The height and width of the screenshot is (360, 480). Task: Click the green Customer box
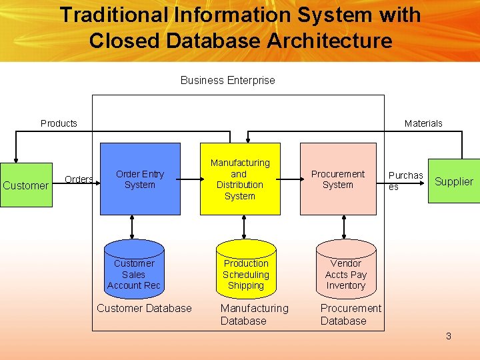coord(26,185)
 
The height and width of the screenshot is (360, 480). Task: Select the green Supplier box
coord(453,181)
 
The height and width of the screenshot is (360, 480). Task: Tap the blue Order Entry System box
coord(140,179)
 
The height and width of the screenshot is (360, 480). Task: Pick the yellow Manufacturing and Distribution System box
coord(240,179)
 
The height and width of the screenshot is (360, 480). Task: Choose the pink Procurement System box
coord(338,179)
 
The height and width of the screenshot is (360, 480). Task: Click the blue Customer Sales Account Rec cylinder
coord(134,269)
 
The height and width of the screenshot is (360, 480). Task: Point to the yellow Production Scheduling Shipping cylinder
coord(246,269)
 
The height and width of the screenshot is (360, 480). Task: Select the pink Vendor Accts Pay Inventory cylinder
coord(345,269)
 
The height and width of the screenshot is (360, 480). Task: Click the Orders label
coord(79,179)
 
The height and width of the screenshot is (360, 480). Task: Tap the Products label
coord(59,123)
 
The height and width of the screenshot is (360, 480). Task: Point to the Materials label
coord(423,123)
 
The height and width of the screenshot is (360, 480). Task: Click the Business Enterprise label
coord(227,80)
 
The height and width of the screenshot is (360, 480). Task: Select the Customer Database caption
coord(144,308)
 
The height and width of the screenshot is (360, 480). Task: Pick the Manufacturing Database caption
coord(254,314)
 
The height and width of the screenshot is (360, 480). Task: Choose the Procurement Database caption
coord(351,314)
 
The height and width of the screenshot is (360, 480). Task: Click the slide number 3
coord(449,336)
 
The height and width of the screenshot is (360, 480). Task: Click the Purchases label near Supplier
coord(405,181)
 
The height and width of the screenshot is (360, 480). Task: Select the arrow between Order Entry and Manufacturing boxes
coord(190,179)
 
